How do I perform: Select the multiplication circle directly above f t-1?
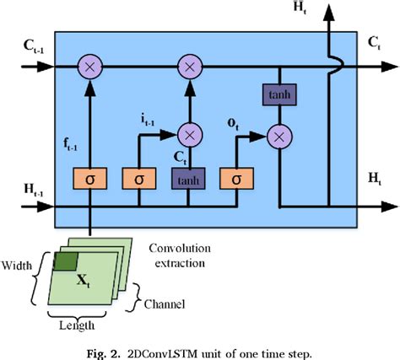point(90,64)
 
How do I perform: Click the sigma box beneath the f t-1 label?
point(90,179)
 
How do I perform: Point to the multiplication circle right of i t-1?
point(191,132)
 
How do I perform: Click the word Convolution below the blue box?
point(180,248)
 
